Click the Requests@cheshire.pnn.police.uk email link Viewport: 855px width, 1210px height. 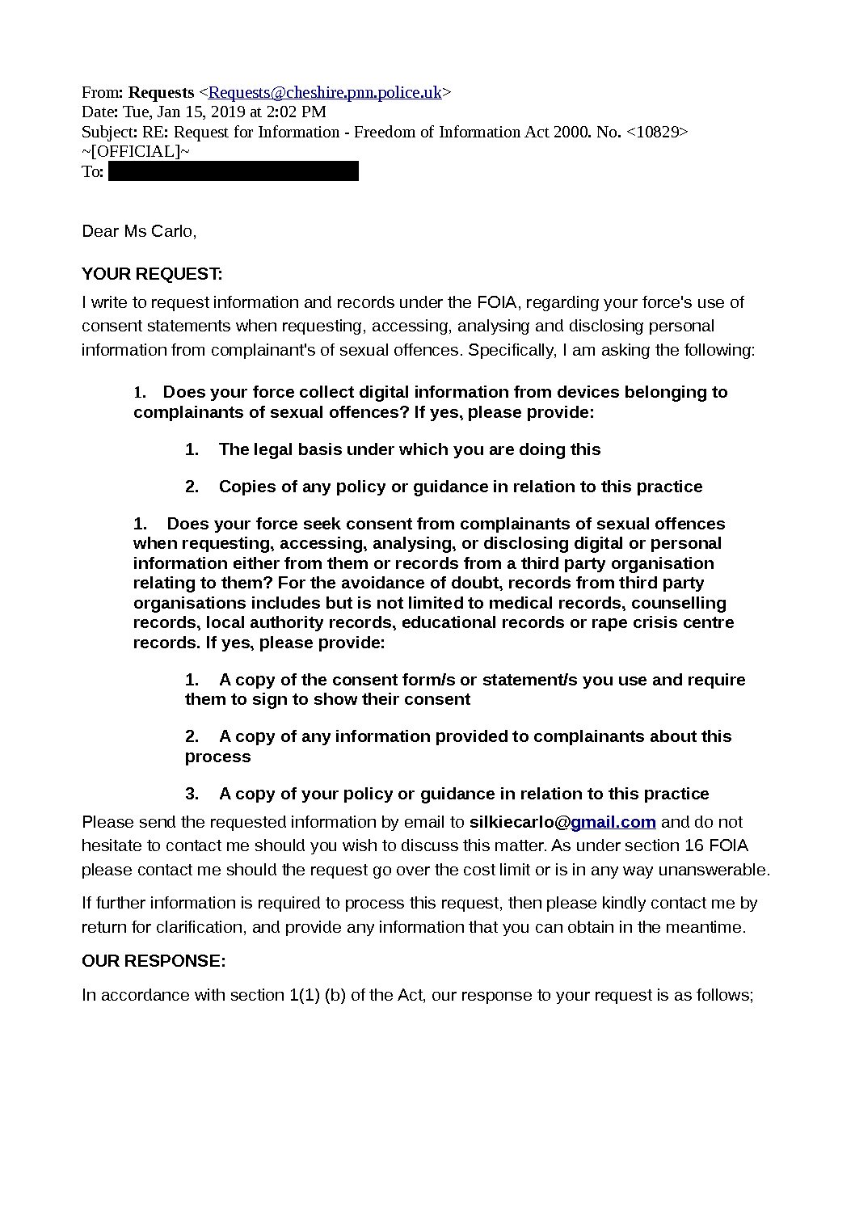tap(325, 92)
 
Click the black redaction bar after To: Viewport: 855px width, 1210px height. tap(233, 171)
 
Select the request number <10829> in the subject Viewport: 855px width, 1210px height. tap(657, 132)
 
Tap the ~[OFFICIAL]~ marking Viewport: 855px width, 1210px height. tap(136, 151)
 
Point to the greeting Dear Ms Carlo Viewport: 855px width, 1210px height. tap(139, 231)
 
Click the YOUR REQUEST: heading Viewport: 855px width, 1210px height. tap(152, 274)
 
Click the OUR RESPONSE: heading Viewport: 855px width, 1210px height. tap(154, 961)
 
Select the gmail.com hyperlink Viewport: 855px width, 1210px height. tap(613, 822)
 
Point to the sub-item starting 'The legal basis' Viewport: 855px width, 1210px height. tap(409, 449)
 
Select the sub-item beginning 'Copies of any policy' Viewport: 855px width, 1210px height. tap(460, 487)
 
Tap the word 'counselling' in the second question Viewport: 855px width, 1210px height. tap(679, 603)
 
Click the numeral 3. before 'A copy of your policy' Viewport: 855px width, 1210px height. tap(192, 794)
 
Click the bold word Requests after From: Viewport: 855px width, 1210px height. tap(162, 92)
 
